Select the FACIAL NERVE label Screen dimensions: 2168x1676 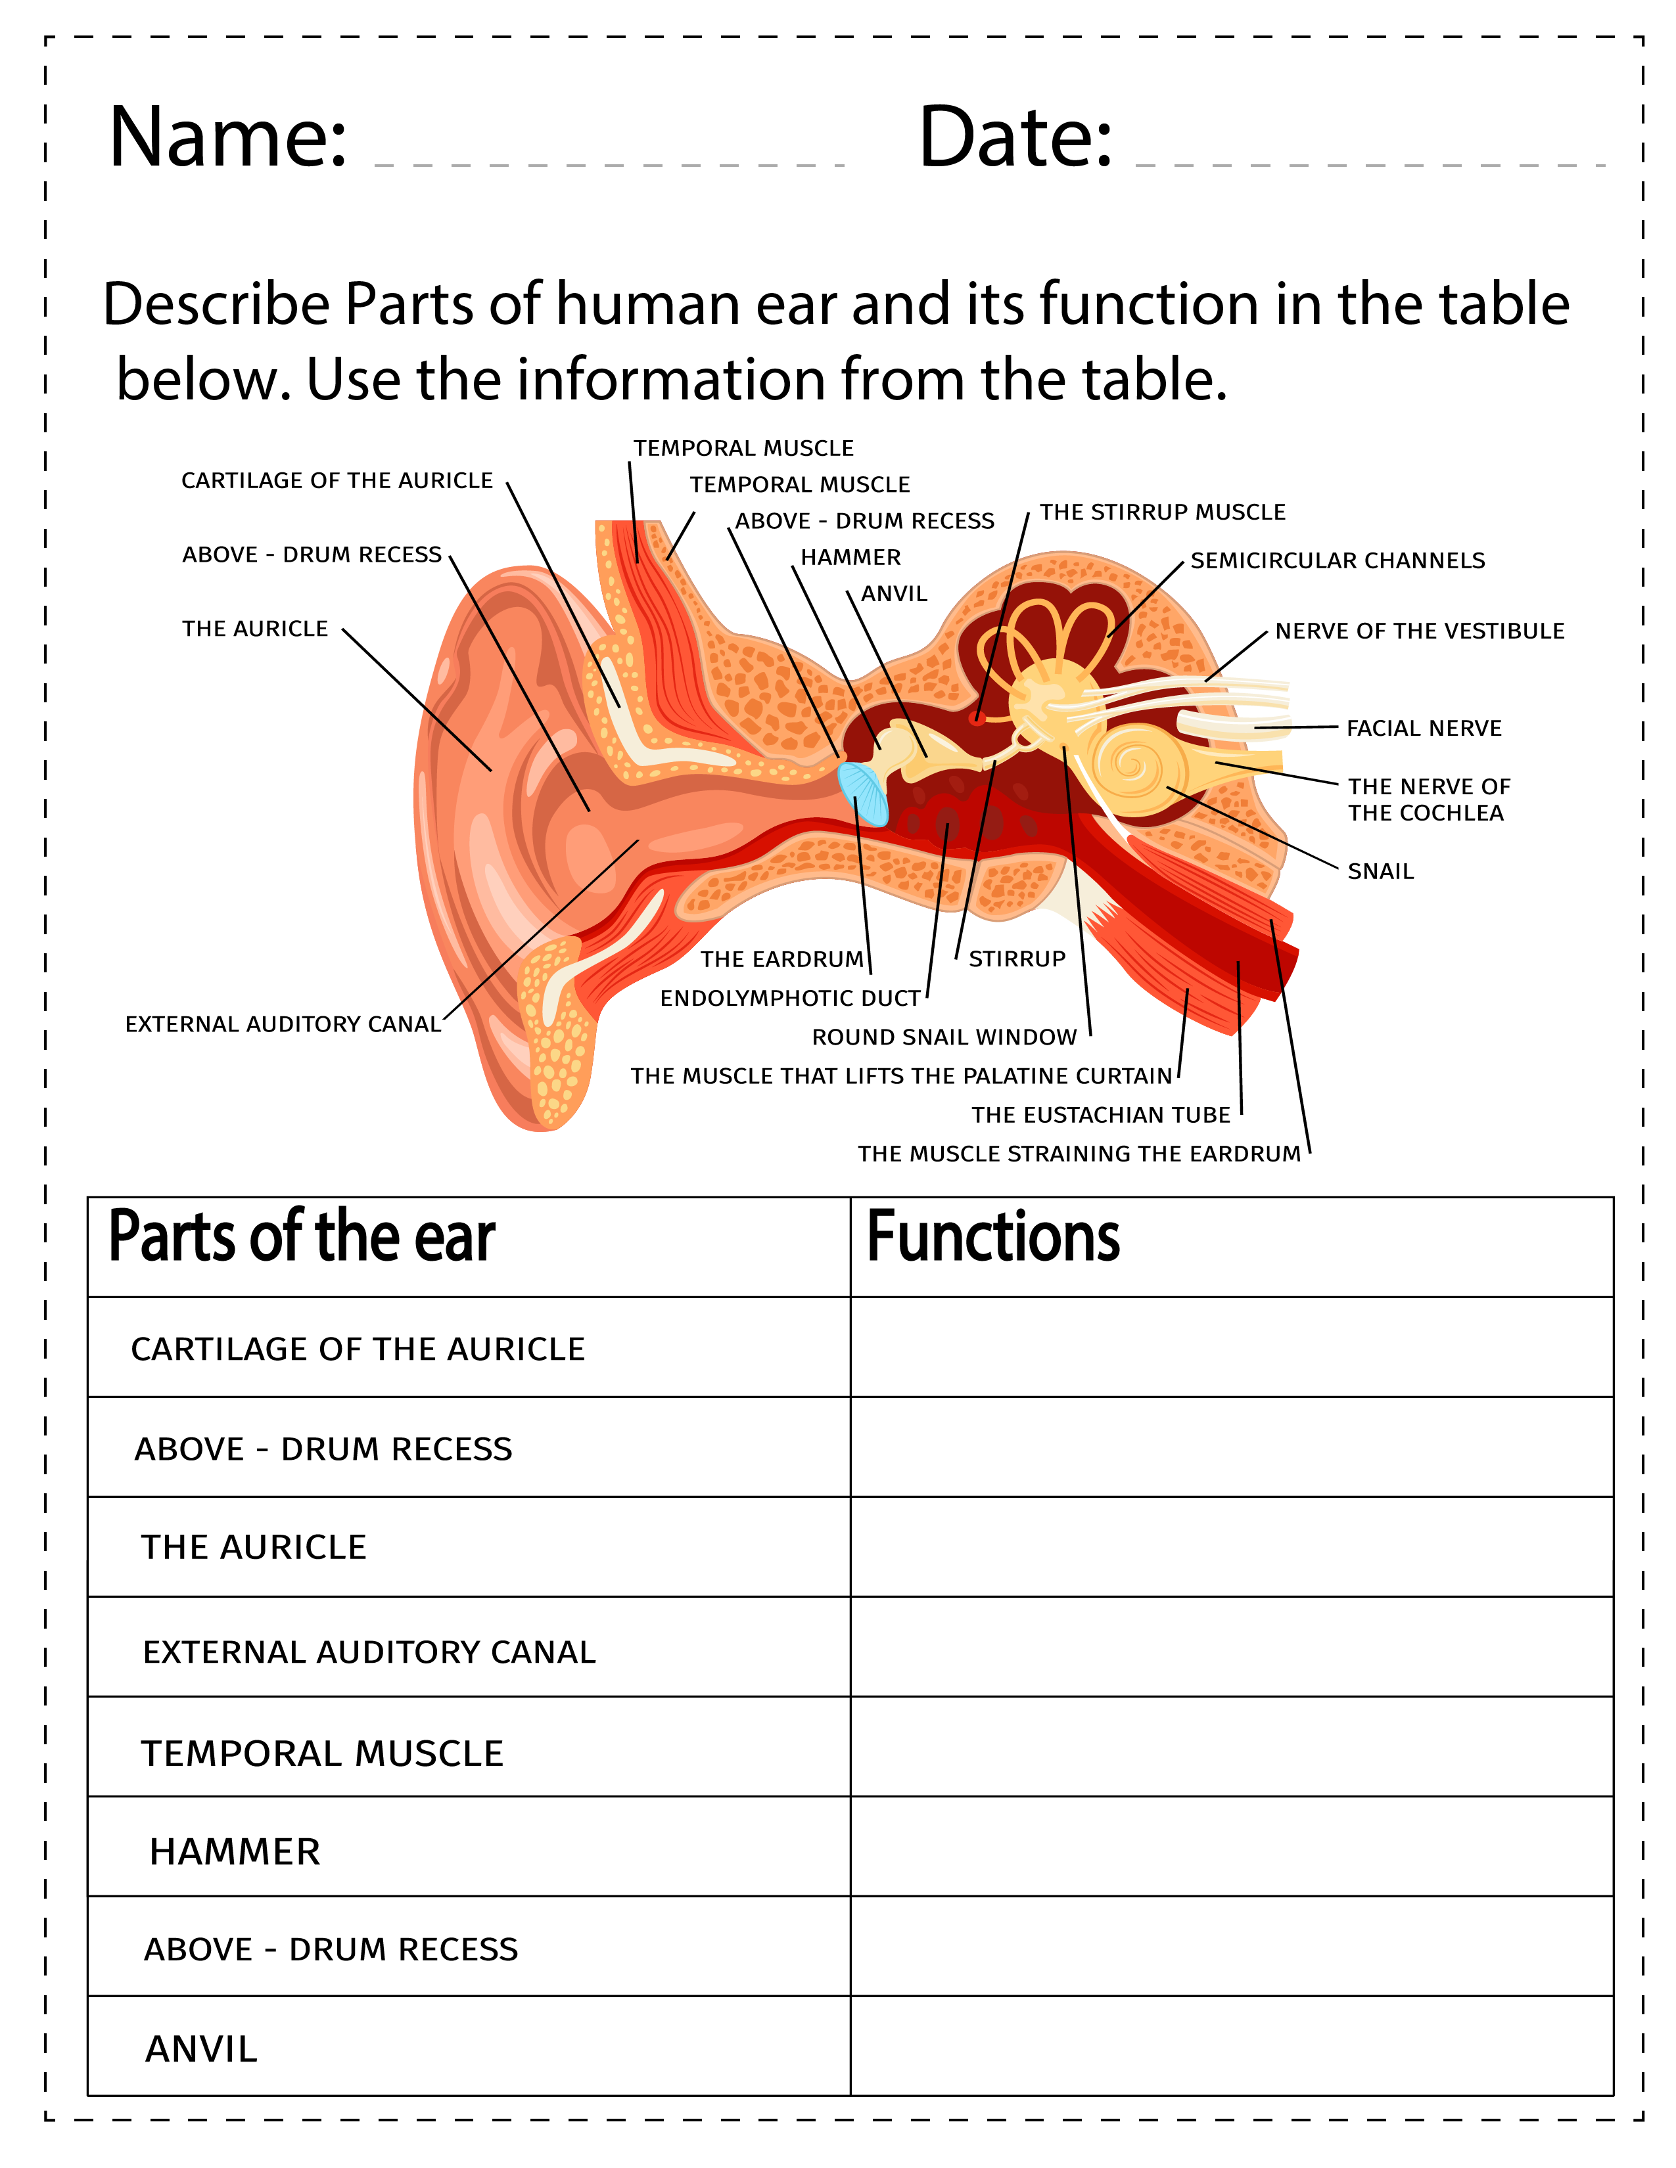coord(1423,729)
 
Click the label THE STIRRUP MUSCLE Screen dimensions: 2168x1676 coord(1161,512)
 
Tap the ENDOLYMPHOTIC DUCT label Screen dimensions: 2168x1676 coord(790,999)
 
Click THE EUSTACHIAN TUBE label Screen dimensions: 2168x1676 coord(1100,1115)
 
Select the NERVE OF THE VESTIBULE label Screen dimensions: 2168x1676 coord(1419,631)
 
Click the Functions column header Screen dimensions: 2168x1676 coord(993,1237)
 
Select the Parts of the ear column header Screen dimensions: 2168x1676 coord(301,1237)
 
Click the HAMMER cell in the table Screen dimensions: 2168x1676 coord(235,1853)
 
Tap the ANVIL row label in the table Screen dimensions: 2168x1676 coord(202,2050)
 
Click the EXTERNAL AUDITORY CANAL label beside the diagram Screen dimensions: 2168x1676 coord(283,1024)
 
